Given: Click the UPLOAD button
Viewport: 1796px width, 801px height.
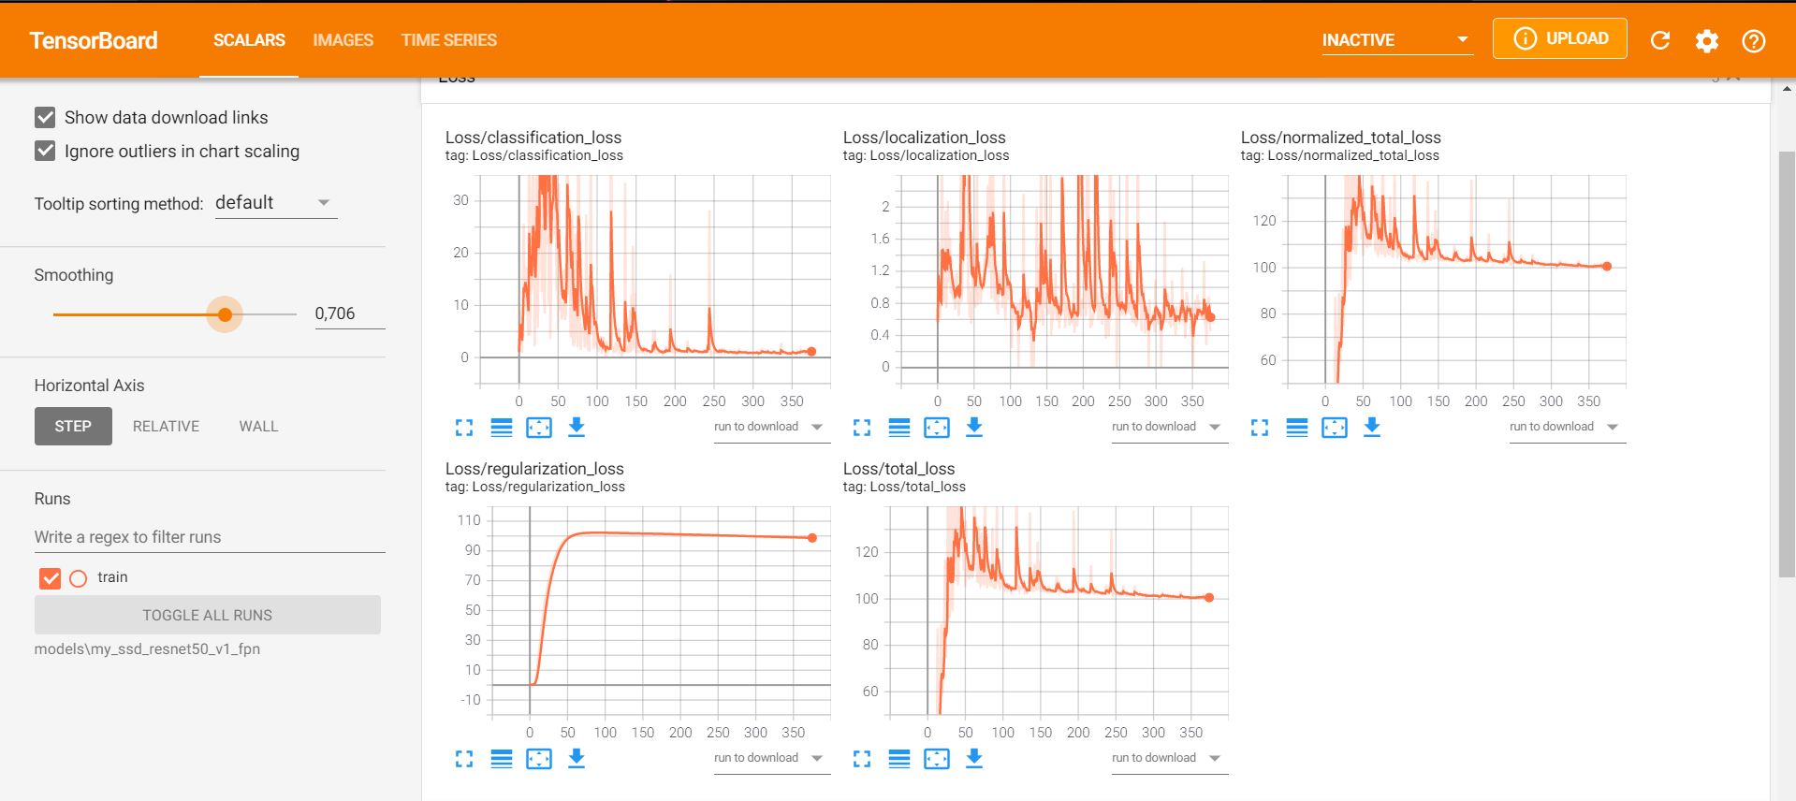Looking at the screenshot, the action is [1559, 38].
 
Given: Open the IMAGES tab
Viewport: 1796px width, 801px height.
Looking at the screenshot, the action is [343, 40].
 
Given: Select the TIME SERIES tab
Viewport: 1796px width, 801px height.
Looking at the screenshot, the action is [449, 40].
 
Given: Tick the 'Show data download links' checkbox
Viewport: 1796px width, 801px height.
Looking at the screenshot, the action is [45, 117].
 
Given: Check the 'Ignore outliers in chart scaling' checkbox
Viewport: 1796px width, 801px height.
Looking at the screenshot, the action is [45, 151].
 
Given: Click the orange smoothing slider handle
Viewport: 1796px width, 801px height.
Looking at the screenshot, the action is [225, 314].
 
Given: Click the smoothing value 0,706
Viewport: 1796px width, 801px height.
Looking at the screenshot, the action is [335, 313].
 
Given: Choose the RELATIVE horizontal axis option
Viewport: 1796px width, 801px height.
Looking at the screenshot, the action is [166, 426].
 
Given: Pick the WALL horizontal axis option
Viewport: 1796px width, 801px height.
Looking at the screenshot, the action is [258, 426].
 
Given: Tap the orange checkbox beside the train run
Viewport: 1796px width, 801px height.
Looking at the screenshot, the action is [51, 578].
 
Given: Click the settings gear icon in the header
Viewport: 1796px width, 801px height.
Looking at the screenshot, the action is [1707, 40].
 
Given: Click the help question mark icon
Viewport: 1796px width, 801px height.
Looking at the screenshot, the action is [1754, 40].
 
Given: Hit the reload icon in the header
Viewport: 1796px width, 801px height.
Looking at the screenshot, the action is [1660, 40].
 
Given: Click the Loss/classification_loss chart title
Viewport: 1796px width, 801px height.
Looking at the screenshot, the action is [533, 138].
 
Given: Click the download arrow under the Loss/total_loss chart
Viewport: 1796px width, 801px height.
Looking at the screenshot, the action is [974, 757].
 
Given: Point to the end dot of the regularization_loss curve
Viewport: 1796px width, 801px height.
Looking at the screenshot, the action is [812, 538].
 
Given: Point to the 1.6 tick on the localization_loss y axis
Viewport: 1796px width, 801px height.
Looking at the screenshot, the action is [880, 239].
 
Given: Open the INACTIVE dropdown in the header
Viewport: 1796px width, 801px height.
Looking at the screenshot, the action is [1397, 40].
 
